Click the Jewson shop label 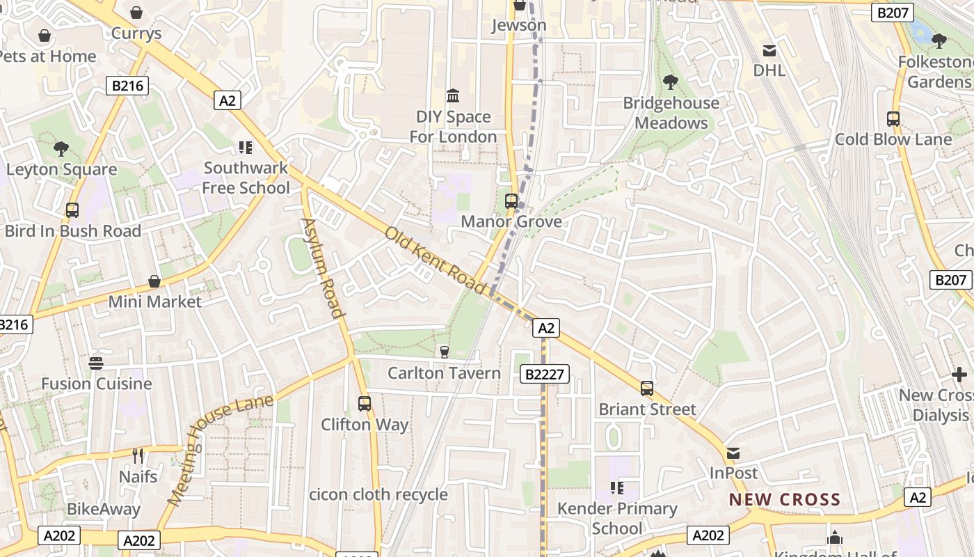point(519,26)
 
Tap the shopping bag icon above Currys point(136,13)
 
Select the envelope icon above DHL point(769,50)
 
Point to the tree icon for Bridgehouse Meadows point(671,82)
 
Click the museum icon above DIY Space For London point(453,95)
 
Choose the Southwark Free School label point(246,178)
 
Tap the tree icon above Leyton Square point(61,148)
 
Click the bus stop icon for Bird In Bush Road point(72,210)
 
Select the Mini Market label point(154,301)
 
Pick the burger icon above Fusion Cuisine point(96,363)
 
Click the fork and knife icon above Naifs point(138,456)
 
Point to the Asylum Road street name point(323,267)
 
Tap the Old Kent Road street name point(436,260)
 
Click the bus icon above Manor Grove point(511,201)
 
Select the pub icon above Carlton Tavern point(445,352)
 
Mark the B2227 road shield point(545,375)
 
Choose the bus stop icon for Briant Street point(647,389)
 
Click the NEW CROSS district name point(785,499)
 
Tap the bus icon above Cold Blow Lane point(893,119)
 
